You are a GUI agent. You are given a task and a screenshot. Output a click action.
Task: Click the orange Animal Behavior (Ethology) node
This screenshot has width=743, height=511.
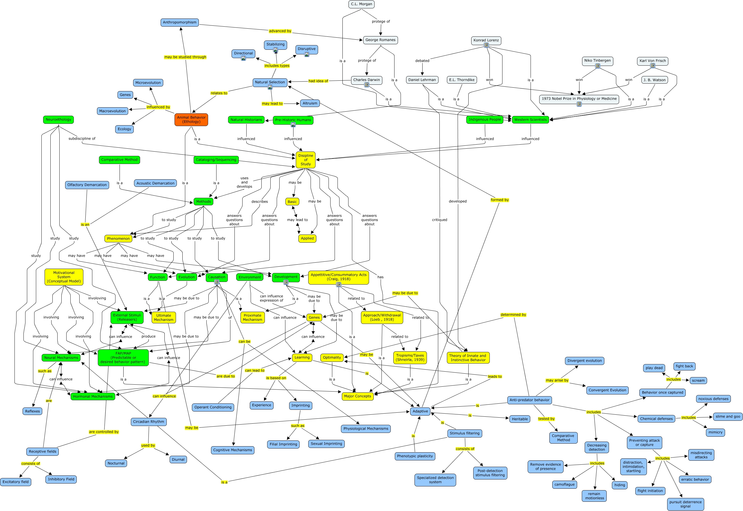[x=191, y=119]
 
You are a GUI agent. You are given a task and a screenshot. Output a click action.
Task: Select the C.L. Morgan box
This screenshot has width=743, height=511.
[x=361, y=4]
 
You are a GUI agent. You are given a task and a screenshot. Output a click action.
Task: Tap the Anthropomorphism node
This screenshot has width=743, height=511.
[x=179, y=23]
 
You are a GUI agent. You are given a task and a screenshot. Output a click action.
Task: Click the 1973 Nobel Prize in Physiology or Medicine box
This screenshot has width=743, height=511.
[x=579, y=99]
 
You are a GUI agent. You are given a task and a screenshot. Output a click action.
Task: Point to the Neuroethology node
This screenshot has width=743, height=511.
[x=58, y=119]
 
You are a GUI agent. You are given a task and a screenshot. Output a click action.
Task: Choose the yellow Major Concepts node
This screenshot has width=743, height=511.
[x=357, y=396]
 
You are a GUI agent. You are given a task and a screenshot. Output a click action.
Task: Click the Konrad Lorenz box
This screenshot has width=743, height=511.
[x=486, y=40]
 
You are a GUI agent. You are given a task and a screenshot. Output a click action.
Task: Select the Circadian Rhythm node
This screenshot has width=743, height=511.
[x=148, y=422]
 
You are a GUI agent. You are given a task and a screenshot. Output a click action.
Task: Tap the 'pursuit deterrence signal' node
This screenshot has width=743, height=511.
[x=685, y=504]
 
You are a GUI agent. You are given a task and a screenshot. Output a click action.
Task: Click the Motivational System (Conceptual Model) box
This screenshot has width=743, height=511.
[x=64, y=277]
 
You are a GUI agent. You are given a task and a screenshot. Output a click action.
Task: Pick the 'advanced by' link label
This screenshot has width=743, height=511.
[x=280, y=31]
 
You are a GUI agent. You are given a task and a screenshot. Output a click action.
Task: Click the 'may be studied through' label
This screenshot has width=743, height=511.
[x=185, y=57]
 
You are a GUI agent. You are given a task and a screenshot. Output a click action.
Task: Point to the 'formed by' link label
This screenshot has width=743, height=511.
[x=499, y=200]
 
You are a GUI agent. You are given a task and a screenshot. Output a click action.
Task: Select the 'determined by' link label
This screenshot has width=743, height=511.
[x=513, y=315]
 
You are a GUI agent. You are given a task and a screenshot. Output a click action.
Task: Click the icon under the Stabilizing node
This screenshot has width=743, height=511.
[x=275, y=50]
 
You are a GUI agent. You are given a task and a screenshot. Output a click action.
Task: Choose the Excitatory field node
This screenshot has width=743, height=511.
[x=16, y=482]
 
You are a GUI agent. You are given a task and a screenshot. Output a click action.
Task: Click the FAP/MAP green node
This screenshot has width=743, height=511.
[x=123, y=358]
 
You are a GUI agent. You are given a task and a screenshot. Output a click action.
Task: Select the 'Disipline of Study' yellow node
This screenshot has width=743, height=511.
[x=305, y=160]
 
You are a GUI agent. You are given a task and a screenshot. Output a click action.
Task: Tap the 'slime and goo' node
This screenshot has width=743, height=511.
[x=728, y=416]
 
